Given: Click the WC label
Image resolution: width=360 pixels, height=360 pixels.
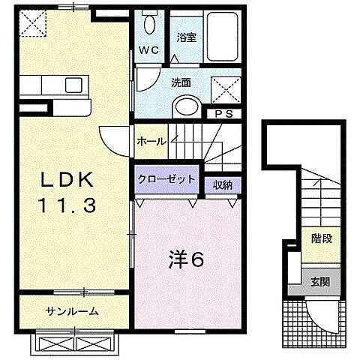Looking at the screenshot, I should [149, 51].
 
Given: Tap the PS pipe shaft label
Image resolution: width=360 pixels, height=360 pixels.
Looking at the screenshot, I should [223, 114].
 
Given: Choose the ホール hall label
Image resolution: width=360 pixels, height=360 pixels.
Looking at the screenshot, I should [151, 140].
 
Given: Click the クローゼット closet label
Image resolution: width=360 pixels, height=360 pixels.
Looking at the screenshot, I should [166, 179].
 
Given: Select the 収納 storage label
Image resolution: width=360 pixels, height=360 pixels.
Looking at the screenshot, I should [221, 183].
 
